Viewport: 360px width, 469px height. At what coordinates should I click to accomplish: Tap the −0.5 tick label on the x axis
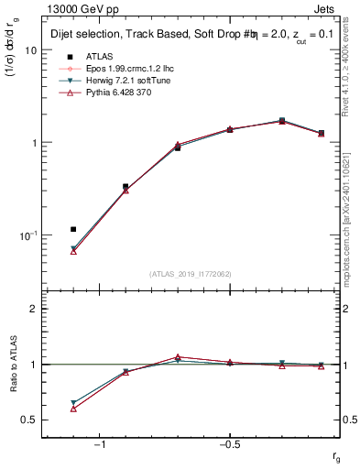click(229, 444)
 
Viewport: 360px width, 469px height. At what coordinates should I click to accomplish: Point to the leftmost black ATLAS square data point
click(73, 229)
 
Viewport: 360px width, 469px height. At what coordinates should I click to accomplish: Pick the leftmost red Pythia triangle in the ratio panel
click(73, 409)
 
